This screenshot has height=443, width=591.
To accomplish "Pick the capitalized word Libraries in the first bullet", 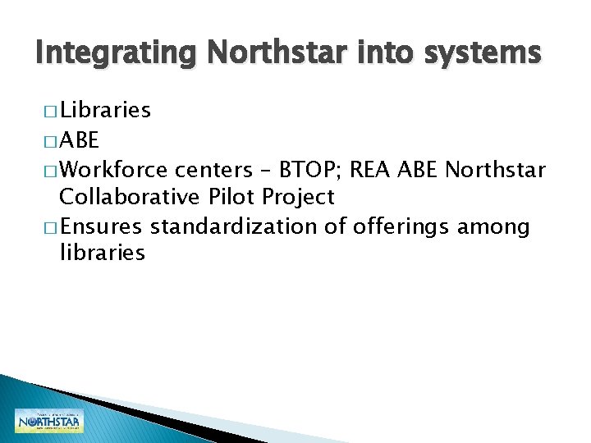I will pos(105,110).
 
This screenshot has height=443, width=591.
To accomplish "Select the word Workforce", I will pos(114,170).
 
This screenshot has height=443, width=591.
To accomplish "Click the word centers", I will pos(213,170).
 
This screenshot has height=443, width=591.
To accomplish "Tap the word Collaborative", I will pos(127,197).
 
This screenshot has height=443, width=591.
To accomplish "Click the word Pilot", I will pos(227,197).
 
